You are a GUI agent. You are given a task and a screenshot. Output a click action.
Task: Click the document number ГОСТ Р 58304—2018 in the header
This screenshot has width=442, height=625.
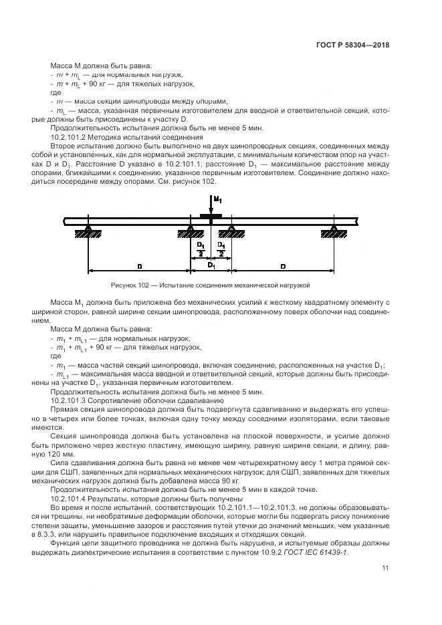point(353,45)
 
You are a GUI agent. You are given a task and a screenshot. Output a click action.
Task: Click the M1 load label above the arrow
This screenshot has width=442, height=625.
point(217,200)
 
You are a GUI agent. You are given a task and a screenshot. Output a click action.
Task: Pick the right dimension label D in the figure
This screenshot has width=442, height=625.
point(283,266)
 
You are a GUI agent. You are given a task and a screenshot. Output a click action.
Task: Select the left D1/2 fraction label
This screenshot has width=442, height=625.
point(201,249)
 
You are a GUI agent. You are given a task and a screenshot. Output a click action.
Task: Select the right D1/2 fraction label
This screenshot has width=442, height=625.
point(221,249)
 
